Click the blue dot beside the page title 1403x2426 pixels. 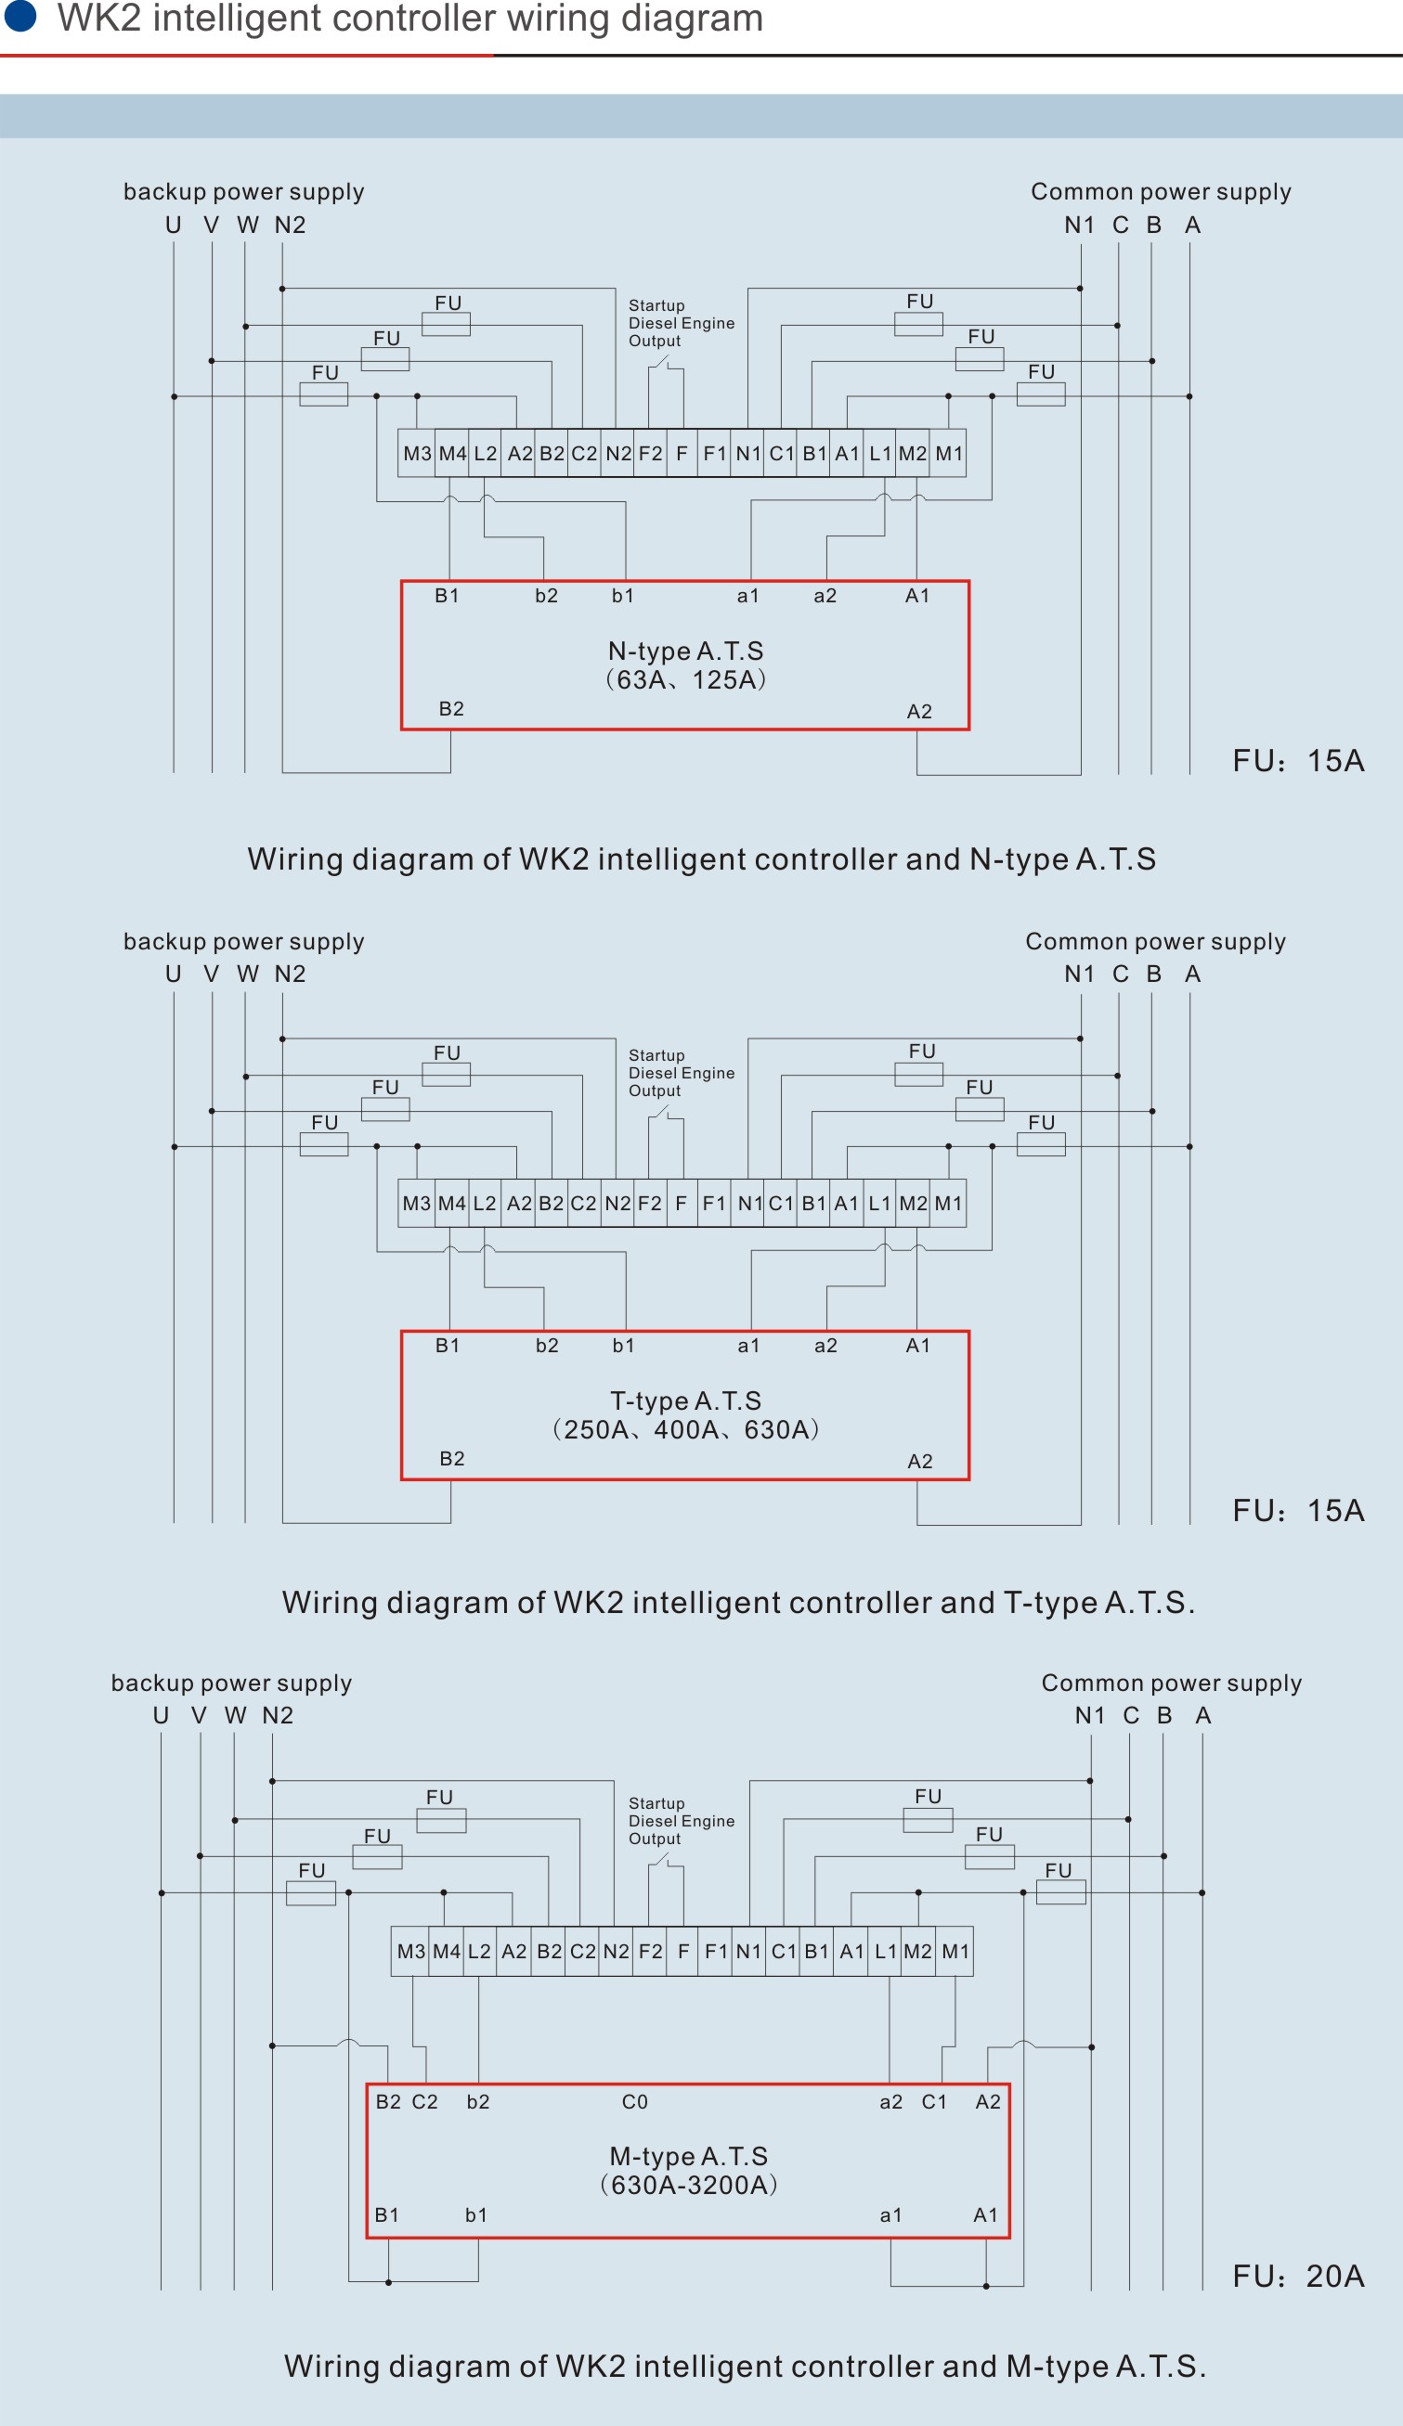click(20, 16)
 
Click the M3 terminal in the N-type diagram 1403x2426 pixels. click(417, 454)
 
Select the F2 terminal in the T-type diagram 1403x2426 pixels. click(650, 1204)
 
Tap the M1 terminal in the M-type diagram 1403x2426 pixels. click(955, 1952)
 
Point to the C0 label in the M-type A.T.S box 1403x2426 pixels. click(634, 2101)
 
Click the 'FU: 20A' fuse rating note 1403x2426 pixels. click(1298, 2276)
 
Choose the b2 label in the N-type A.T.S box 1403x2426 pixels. click(546, 596)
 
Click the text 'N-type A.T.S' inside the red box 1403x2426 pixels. click(684, 651)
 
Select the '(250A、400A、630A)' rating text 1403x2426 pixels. click(684, 1428)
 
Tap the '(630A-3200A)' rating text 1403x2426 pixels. click(687, 2185)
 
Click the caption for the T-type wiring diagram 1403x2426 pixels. click(737, 1602)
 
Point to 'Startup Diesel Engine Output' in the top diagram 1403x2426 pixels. click(681, 324)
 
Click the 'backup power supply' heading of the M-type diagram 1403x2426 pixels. click(231, 1682)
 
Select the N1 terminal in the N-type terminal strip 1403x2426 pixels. click(748, 454)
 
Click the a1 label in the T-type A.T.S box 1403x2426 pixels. click(748, 1346)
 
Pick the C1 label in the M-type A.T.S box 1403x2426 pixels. click(934, 2101)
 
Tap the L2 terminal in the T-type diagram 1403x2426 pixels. click(485, 1204)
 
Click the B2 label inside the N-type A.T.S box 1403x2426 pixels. click(450, 709)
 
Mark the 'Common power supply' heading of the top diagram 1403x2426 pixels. click(1161, 191)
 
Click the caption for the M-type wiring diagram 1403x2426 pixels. click(745, 2366)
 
